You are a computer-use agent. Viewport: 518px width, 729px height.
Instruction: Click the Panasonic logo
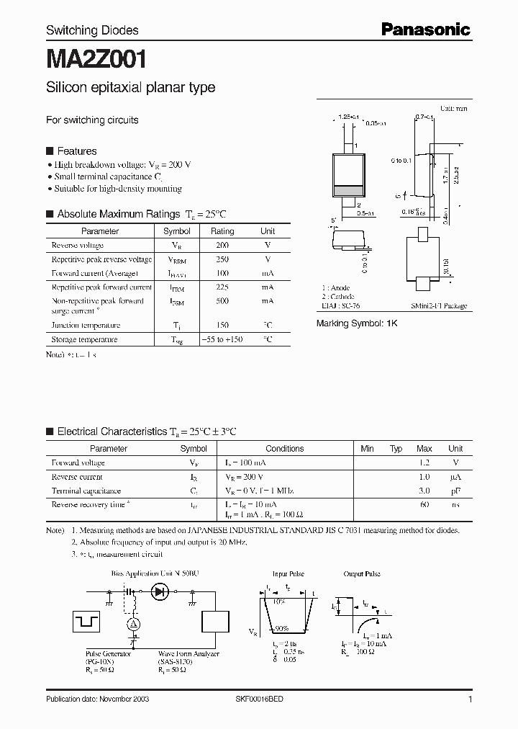(425, 29)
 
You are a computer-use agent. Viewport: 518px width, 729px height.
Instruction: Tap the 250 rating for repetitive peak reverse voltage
(222, 259)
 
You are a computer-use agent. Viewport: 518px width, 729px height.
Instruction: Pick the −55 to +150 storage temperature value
(222, 339)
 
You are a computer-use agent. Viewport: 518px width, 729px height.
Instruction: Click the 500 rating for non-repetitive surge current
(222, 301)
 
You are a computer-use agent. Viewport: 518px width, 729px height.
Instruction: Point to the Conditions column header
(285, 448)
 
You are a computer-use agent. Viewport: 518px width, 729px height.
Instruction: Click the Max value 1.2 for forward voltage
(424, 462)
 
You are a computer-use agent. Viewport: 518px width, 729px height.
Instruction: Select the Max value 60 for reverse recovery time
(424, 505)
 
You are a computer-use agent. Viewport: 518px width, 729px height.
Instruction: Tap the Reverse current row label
(77, 477)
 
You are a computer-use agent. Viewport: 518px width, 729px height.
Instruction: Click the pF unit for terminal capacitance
(455, 491)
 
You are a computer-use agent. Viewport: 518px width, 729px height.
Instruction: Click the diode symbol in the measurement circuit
(159, 592)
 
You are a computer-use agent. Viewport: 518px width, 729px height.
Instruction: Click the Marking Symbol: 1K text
(357, 324)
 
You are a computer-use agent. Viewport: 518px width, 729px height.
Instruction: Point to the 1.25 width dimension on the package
(349, 115)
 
